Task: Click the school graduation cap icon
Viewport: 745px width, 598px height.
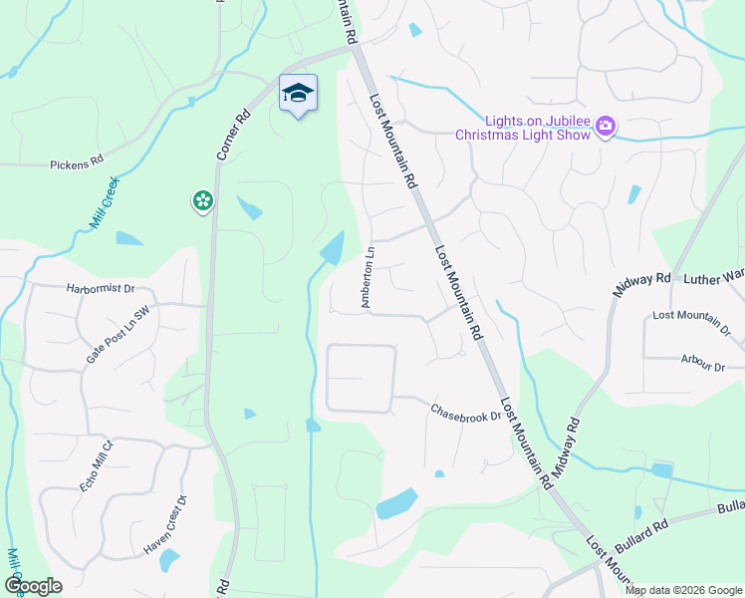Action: [298, 94]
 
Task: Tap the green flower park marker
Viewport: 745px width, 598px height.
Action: [202, 201]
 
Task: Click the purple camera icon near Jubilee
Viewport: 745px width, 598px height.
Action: [605, 127]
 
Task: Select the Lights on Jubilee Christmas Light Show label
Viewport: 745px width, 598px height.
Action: [523, 127]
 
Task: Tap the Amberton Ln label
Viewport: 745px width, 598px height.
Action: [369, 277]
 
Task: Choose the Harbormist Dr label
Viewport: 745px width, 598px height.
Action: [101, 289]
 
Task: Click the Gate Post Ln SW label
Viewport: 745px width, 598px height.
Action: [117, 334]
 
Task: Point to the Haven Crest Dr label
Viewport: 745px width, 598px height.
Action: [164, 524]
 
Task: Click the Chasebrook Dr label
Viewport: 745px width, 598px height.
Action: [465, 413]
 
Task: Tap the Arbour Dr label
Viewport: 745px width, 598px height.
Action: [704, 364]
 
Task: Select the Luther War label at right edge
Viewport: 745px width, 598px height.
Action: [713, 277]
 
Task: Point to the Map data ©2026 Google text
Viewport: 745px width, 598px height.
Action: [682, 590]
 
